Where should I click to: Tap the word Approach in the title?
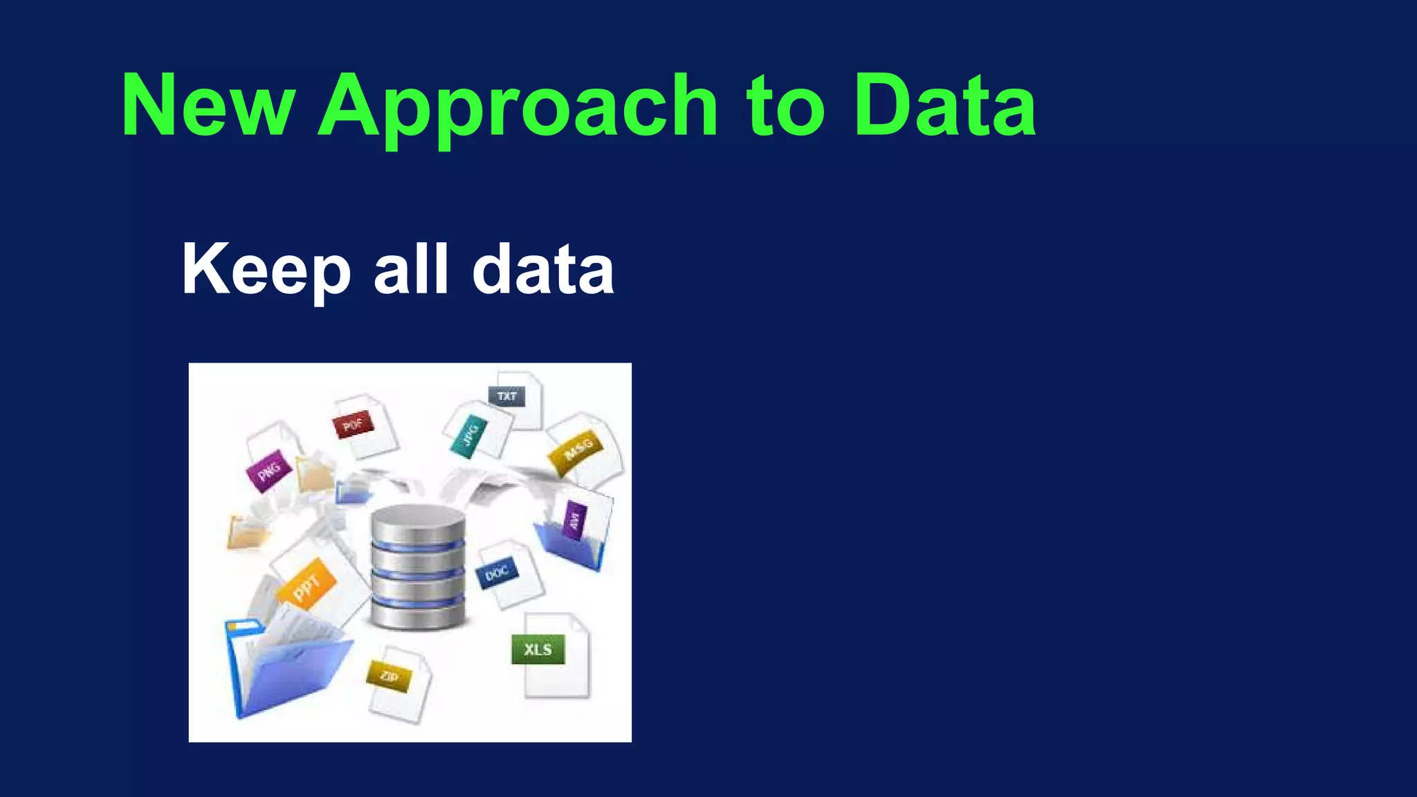point(518,108)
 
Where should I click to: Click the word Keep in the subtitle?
point(266,271)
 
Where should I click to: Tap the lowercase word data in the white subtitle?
point(543,269)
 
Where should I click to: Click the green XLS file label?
point(538,650)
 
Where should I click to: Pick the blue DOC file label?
point(497,572)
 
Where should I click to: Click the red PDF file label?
point(353,424)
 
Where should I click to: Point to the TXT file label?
point(507,396)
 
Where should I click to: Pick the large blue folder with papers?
point(287,668)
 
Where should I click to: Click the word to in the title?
point(785,105)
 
